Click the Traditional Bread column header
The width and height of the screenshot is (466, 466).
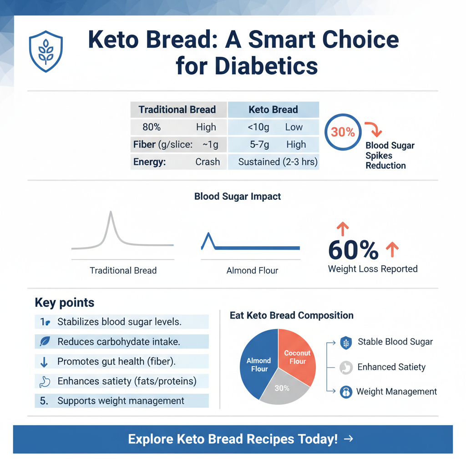click(x=177, y=110)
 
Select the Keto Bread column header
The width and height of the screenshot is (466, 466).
click(x=273, y=110)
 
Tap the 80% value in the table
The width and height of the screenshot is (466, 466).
click(x=152, y=127)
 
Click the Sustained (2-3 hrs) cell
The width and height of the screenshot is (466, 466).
click(x=278, y=162)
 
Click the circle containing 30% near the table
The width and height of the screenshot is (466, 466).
click(x=343, y=132)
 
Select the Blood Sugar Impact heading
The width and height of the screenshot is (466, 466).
click(x=238, y=197)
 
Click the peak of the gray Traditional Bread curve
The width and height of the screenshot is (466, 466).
click(x=111, y=213)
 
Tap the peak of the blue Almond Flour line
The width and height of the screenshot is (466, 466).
click(x=209, y=234)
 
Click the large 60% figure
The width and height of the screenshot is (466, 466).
click(x=353, y=249)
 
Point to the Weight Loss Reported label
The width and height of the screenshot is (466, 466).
click(x=373, y=269)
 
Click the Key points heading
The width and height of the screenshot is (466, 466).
click(x=65, y=303)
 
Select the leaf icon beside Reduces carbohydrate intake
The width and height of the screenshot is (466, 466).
click(x=45, y=341)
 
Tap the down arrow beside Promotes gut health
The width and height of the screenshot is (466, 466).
click(x=44, y=362)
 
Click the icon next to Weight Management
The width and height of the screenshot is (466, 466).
click(x=346, y=392)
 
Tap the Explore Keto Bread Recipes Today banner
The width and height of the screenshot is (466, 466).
click(x=233, y=439)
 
